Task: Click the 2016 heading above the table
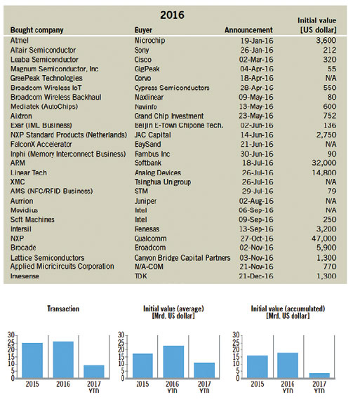(172, 15)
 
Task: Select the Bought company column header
(37, 30)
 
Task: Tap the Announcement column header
(248, 30)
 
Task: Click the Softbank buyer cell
(148, 163)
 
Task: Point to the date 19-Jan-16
(257, 41)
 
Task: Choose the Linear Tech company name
(29, 173)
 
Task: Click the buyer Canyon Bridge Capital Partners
(182, 258)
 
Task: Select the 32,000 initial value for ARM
(324, 163)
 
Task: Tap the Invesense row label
(25, 276)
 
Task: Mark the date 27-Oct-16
(257, 238)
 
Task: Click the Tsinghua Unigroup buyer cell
(163, 182)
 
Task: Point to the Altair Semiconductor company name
(43, 50)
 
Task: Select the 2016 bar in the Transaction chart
(63, 360)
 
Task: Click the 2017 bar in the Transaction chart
(94, 372)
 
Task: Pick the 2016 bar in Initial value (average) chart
(173, 362)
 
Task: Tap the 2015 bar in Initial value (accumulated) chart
(258, 367)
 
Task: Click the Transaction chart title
(63, 309)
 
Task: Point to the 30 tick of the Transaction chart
(11, 335)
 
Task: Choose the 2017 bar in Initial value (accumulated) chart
(319, 376)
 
